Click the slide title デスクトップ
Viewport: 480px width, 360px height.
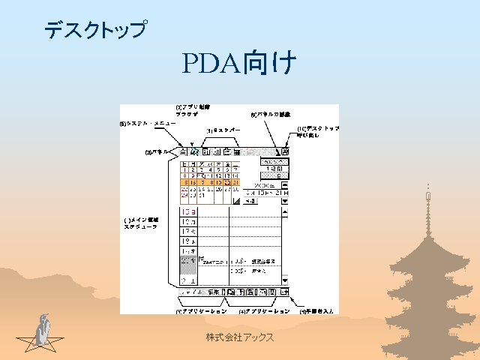point(94,30)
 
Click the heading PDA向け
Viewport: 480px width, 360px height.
point(239,64)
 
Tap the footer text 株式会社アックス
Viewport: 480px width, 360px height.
point(240,338)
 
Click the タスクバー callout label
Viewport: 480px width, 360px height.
point(224,130)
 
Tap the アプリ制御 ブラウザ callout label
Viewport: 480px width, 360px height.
point(187,111)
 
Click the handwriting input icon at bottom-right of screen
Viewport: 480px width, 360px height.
point(285,292)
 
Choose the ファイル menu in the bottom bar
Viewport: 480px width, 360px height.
point(191,292)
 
